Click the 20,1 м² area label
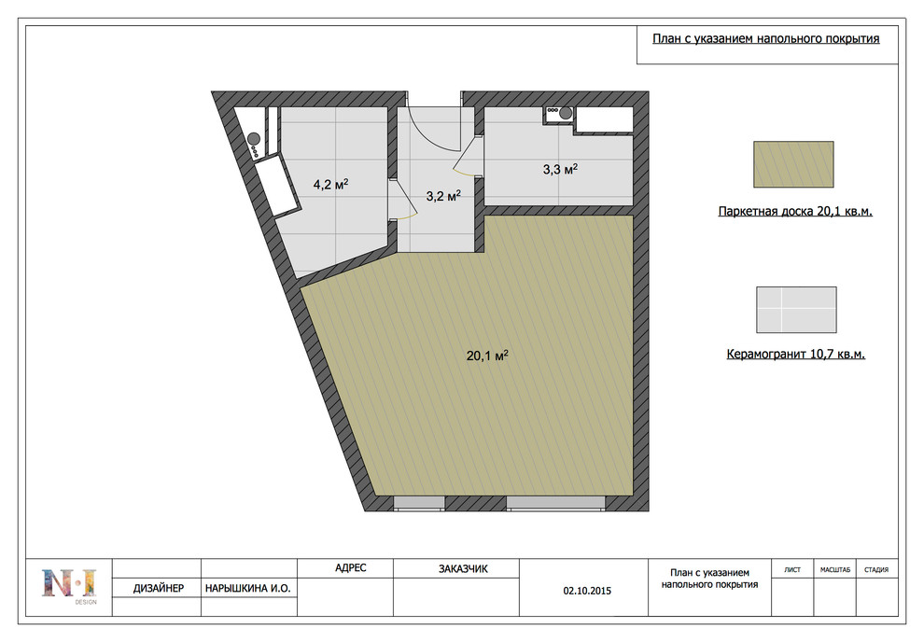point(487,356)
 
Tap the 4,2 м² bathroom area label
point(330,185)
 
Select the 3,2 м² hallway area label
point(443,196)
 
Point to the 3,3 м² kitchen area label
point(560,170)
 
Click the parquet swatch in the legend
point(793,164)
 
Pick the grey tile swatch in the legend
point(796,309)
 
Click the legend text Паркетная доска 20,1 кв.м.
point(795,212)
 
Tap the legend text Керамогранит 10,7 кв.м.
point(795,355)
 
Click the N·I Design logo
point(69,585)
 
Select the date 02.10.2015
point(587,591)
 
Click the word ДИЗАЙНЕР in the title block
point(159,588)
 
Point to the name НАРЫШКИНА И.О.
point(248,588)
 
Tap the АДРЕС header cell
point(351,567)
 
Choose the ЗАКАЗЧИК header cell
point(463,569)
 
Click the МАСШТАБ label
point(835,569)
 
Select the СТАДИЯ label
point(876,569)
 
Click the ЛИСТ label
point(792,569)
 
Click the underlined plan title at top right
point(765,39)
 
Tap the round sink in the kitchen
point(565,113)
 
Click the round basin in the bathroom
point(254,139)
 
